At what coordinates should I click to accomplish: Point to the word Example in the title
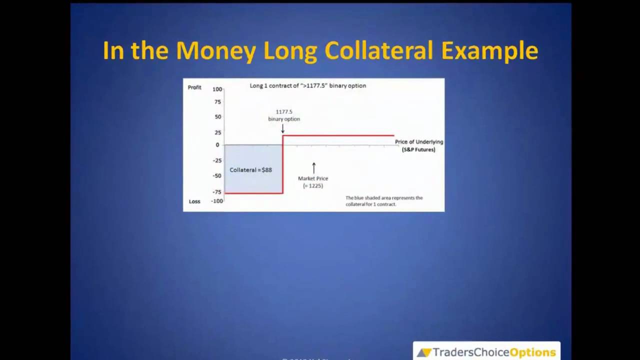point(489,51)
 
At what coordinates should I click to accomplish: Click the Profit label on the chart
point(194,87)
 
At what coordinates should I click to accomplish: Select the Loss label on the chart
point(194,201)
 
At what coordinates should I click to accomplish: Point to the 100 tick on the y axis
point(217,89)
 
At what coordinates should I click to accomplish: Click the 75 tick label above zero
point(217,102)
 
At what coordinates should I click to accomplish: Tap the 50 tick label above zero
point(217,117)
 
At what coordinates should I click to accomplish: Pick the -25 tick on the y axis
point(217,160)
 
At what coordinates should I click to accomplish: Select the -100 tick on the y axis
point(217,201)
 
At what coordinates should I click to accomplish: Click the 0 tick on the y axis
point(217,145)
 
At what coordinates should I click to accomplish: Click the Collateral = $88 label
point(250,170)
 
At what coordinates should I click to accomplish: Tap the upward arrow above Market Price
point(314,167)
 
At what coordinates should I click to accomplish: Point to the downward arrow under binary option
point(282,128)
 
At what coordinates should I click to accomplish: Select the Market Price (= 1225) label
point(313,182)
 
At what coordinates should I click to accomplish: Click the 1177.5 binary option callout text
point(284,115)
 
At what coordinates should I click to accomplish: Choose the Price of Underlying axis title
point(419,145)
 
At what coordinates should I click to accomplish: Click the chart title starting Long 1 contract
point(308,86)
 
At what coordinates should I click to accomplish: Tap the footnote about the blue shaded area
point(384,201)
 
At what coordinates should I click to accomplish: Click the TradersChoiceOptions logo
point(486,352)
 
